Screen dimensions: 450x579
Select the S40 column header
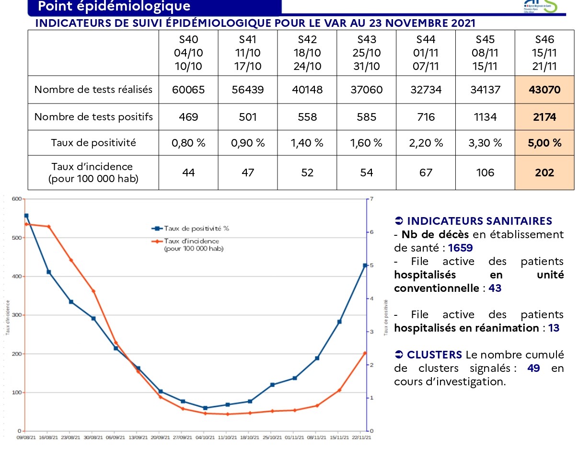(188, 53)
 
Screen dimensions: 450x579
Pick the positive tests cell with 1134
(485, 117)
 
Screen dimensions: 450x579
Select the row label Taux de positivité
(93, 143)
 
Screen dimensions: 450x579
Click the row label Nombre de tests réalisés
(93, 90)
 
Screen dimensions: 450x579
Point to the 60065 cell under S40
(188, 90)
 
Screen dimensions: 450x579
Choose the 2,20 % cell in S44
(426, 143)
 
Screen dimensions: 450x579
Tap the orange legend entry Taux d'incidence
(191, 242)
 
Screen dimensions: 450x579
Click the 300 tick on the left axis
(17, 315)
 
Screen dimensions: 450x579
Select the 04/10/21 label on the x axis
(205, 437)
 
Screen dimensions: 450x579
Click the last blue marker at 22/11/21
(365, 265)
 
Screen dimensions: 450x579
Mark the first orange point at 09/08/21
(26, 224)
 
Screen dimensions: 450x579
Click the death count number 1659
(461, 248)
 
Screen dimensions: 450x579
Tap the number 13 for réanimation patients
(554, 328)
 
